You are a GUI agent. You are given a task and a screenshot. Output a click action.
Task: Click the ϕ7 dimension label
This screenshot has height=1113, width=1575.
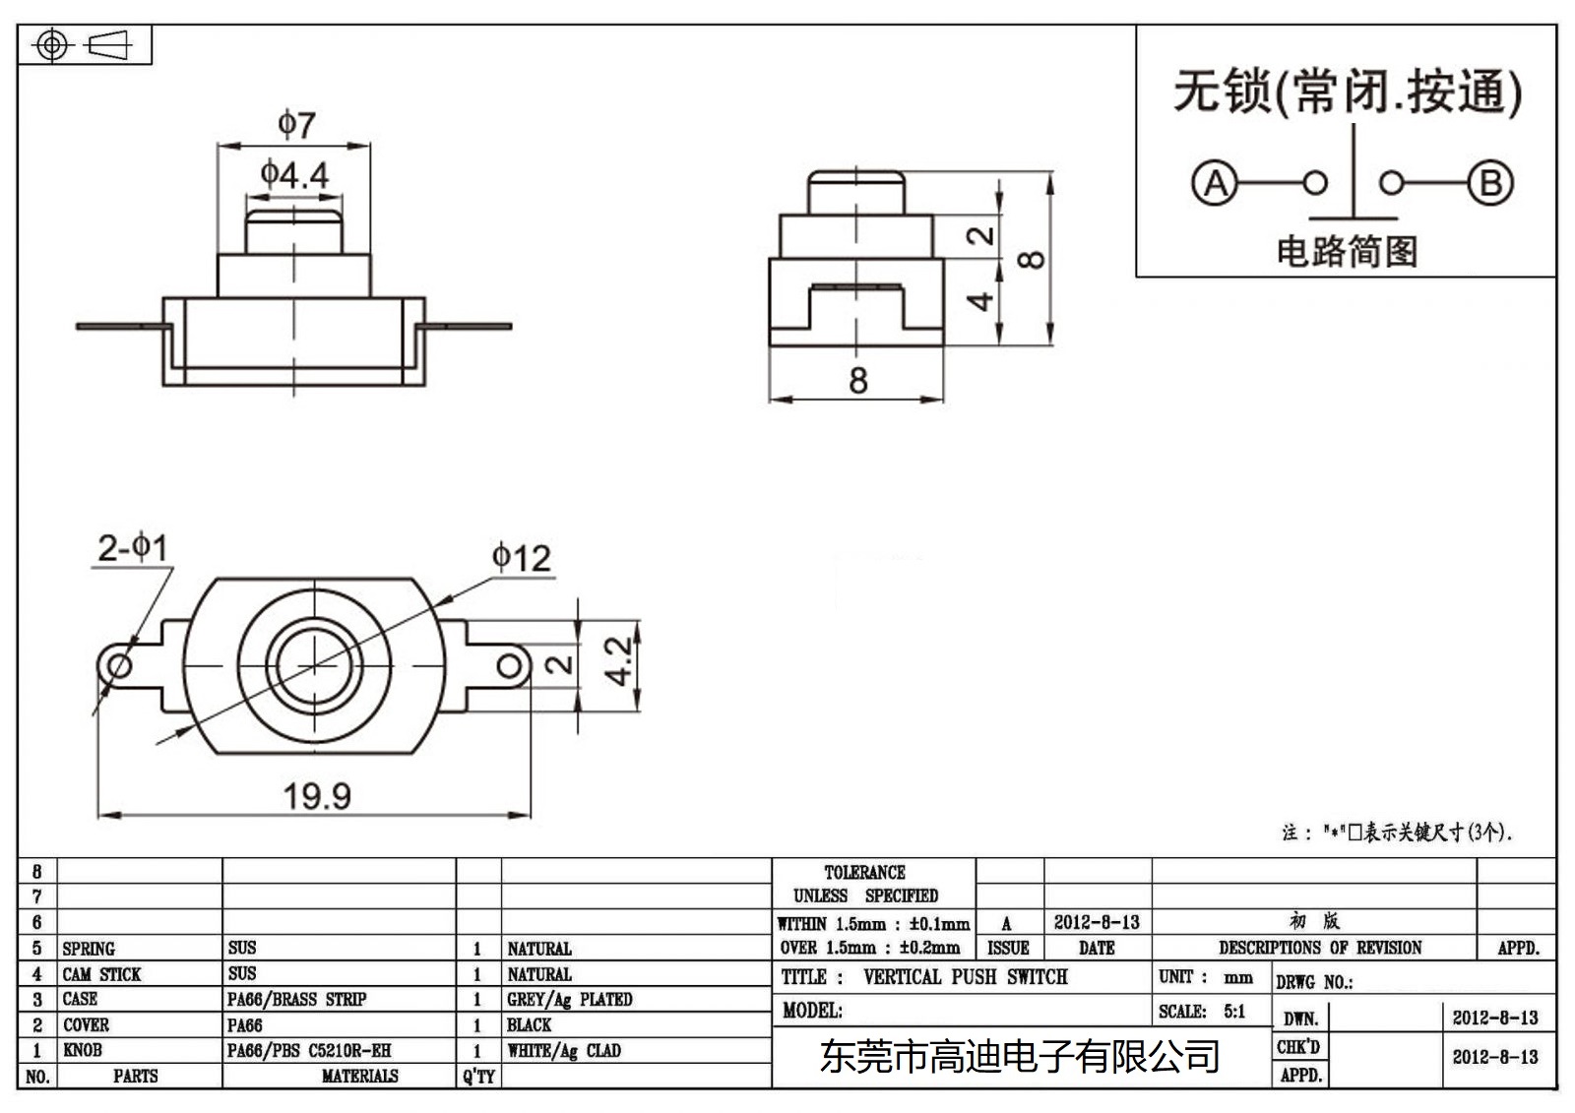[296, 124]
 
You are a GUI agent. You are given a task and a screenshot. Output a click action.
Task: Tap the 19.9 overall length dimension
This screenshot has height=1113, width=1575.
[317, 795]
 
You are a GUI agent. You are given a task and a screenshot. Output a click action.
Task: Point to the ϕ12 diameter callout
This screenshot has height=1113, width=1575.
[521, 558]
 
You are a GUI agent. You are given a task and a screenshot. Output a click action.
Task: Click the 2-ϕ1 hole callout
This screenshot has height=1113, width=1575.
[133, 547]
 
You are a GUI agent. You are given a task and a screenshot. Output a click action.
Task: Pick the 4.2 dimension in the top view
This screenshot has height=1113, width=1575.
[618, 661]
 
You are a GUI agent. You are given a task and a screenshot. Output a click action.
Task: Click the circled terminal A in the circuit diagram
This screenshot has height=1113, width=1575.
[1215, 183]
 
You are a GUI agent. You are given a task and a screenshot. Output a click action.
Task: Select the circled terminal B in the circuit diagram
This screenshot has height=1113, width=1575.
[1489, 183]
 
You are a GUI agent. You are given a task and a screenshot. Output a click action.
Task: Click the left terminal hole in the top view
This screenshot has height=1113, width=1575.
[119, 666]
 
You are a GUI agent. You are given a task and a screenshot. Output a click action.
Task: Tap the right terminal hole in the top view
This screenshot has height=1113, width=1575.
[509, 666]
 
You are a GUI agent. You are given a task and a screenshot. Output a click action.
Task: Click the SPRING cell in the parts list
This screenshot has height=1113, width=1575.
[89, 949]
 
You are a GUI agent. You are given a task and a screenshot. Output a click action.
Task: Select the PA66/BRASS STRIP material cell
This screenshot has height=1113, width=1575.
[296, 1000]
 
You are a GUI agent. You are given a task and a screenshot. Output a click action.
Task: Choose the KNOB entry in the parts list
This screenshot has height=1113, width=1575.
[83, 1051]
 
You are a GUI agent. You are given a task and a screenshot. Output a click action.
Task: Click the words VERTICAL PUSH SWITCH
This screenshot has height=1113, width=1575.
[965, 977]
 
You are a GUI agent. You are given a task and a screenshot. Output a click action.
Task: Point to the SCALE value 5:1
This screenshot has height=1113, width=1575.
[1234, 1012]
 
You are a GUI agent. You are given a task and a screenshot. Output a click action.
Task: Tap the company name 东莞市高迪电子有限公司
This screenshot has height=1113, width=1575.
[1019, 1057]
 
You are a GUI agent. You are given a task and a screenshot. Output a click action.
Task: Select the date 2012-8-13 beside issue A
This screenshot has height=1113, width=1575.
[1097, 923]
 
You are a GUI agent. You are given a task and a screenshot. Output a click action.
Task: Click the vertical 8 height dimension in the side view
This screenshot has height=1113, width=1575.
[1031, 260]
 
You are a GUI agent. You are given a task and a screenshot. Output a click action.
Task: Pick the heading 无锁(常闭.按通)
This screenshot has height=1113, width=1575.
[1347, 93]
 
